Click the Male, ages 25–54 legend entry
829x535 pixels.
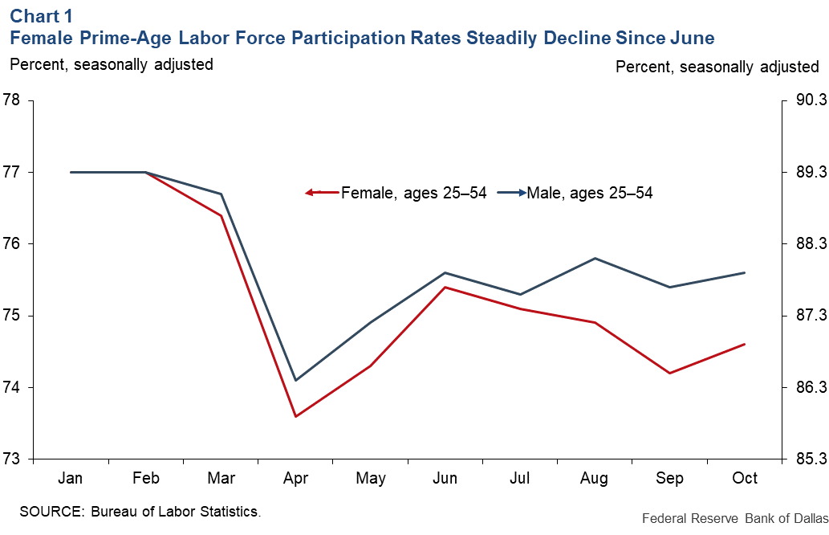[x=589, y=193]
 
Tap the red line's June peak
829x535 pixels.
[x=445, y=287]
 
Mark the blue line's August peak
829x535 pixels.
[x=595, y=258]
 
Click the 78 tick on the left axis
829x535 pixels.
[x=11, y=100]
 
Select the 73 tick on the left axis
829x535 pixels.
[x=11, y=459]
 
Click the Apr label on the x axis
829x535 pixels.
[x=295, y=479]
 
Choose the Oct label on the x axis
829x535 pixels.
[x=746, y=479]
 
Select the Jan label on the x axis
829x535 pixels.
[x=71, y=479]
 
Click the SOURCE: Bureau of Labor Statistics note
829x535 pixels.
[x=140, y=511]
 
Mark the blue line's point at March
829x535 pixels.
[x=221, y=194]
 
